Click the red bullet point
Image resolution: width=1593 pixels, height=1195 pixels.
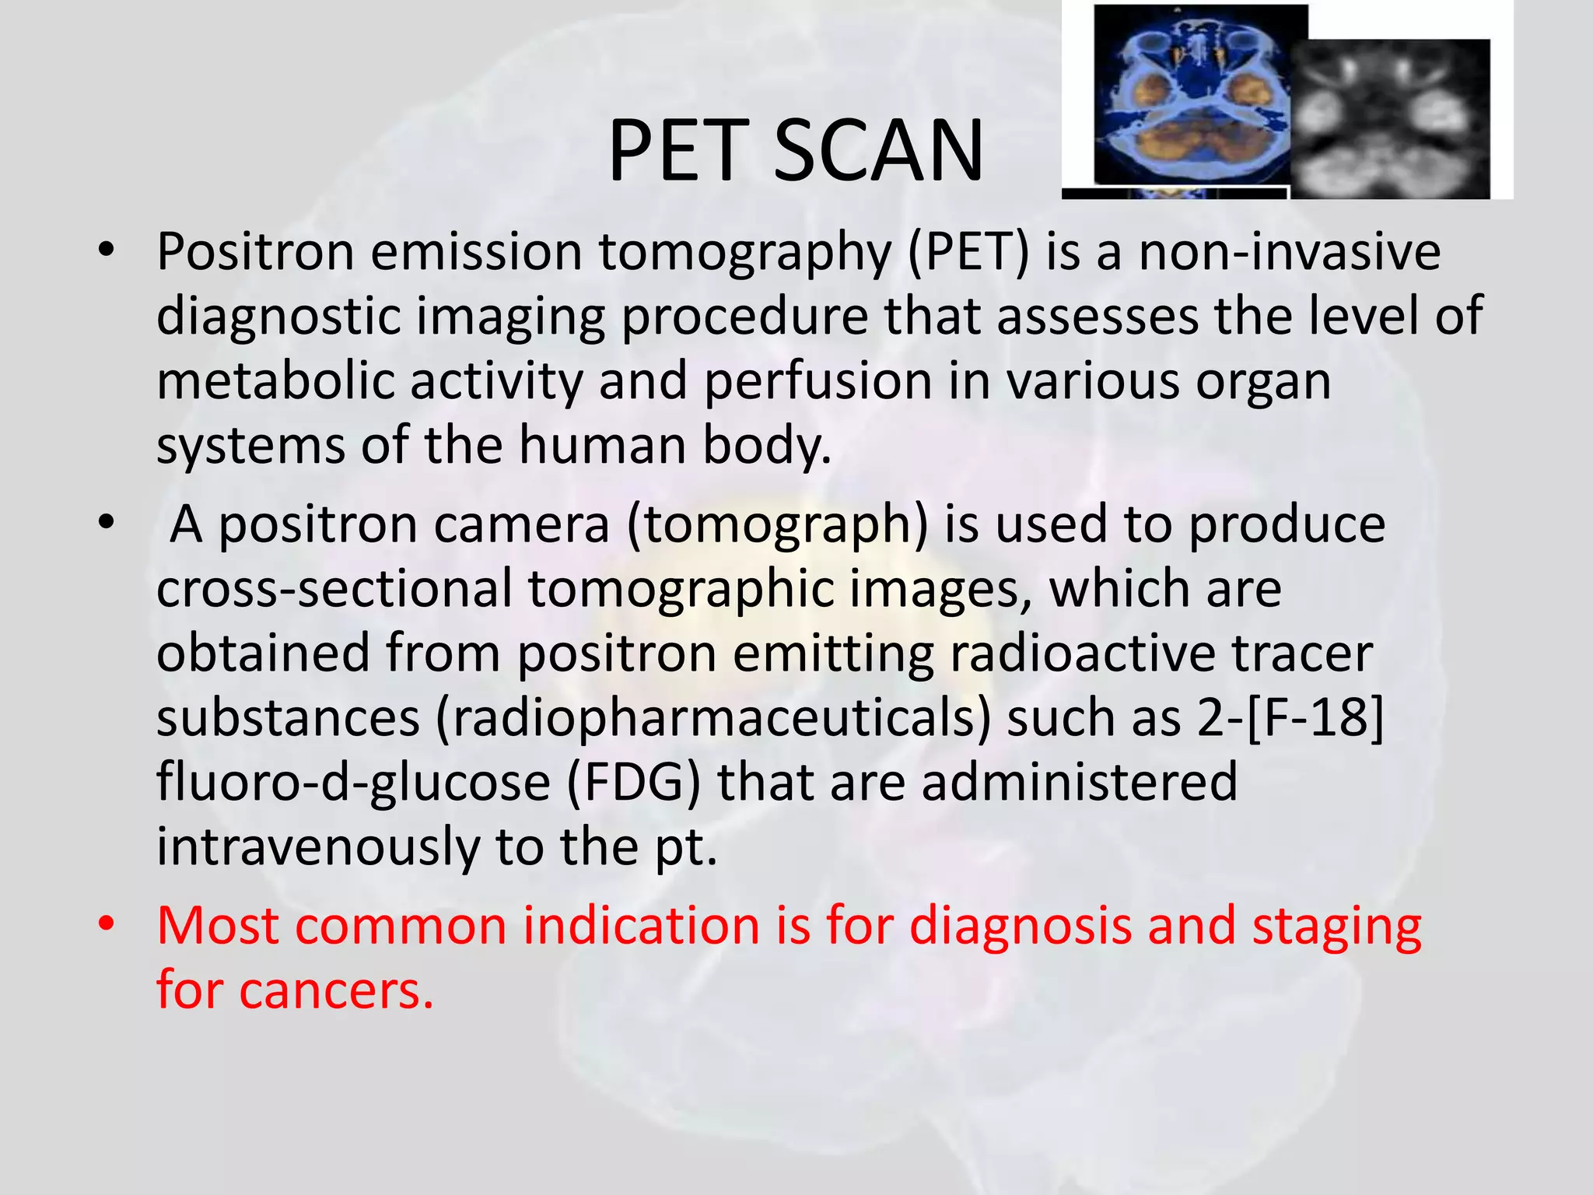tap(107, 924)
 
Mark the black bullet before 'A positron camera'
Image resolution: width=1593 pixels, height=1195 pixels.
tap(107, 524)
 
